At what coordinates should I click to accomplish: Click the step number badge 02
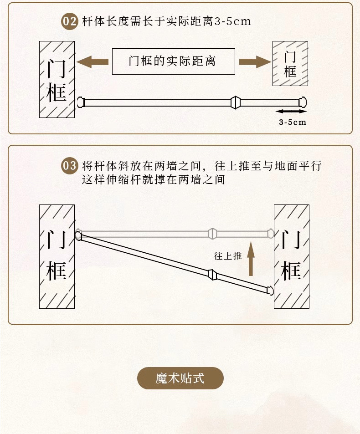70,21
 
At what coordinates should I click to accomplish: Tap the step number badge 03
70,165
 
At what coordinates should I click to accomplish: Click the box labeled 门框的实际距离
173,61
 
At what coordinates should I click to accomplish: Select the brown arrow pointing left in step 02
93,61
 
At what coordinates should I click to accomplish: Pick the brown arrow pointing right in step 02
254,61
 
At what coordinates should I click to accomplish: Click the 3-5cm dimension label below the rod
292,122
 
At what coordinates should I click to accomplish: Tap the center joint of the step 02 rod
235,102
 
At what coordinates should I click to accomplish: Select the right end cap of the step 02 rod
303,102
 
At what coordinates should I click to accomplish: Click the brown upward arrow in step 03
250,259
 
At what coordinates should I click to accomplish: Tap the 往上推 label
228,256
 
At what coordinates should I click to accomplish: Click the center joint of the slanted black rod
211,274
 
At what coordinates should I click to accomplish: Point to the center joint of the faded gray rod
211,234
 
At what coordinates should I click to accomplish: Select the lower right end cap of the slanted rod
270,290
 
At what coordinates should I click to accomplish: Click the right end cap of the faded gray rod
271,234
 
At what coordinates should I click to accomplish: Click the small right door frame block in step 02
290,63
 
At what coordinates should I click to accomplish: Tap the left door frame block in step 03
57,256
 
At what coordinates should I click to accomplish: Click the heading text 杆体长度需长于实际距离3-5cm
166,21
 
